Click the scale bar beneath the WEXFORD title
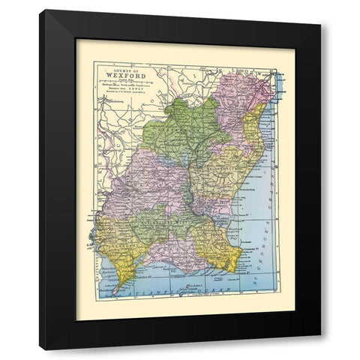124,88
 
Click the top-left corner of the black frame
42,12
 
